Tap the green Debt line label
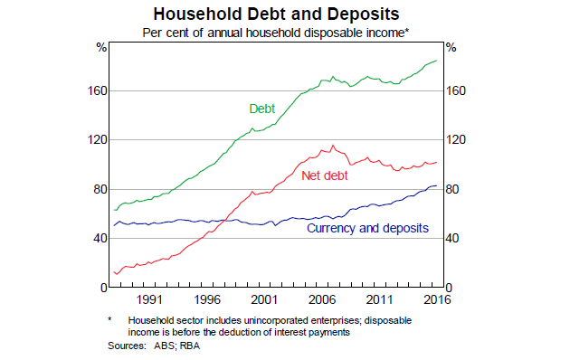pyautogui.click(x=262, y=109)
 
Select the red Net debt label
pyautogui.click(x=323, y=174)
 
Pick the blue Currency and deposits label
pyautogui.click(x=367, y=228)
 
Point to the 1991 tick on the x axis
pyautogui.click(x=149, y=299)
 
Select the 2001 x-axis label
pyautogui.click(x=263, y=299)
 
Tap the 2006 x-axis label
pyautogui.click(x=320, y=299)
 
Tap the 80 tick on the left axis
pyautogui.click(x=100, y=189)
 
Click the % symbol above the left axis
pyautogui.click(x=101, y=47)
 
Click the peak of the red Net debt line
pyautogui.click(x=333, y=145)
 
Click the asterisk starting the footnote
pyautogui.click(x=110, y=319)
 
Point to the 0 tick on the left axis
pyautogui.click(x=104, y=288)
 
